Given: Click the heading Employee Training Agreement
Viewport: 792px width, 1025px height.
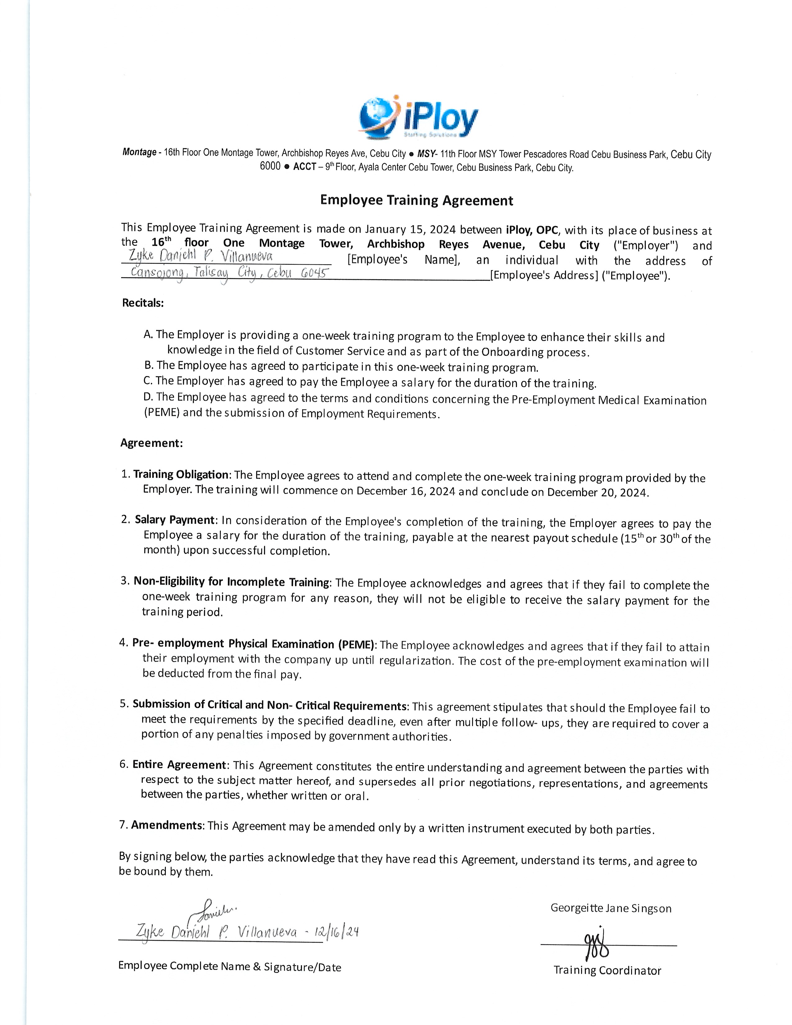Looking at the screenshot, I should [416, 200].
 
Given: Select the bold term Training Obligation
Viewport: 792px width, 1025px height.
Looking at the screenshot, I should [181, 475].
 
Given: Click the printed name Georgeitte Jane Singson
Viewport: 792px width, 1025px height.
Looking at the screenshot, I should [611, 908].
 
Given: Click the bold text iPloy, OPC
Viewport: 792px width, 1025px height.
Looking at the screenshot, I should [532, 230].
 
